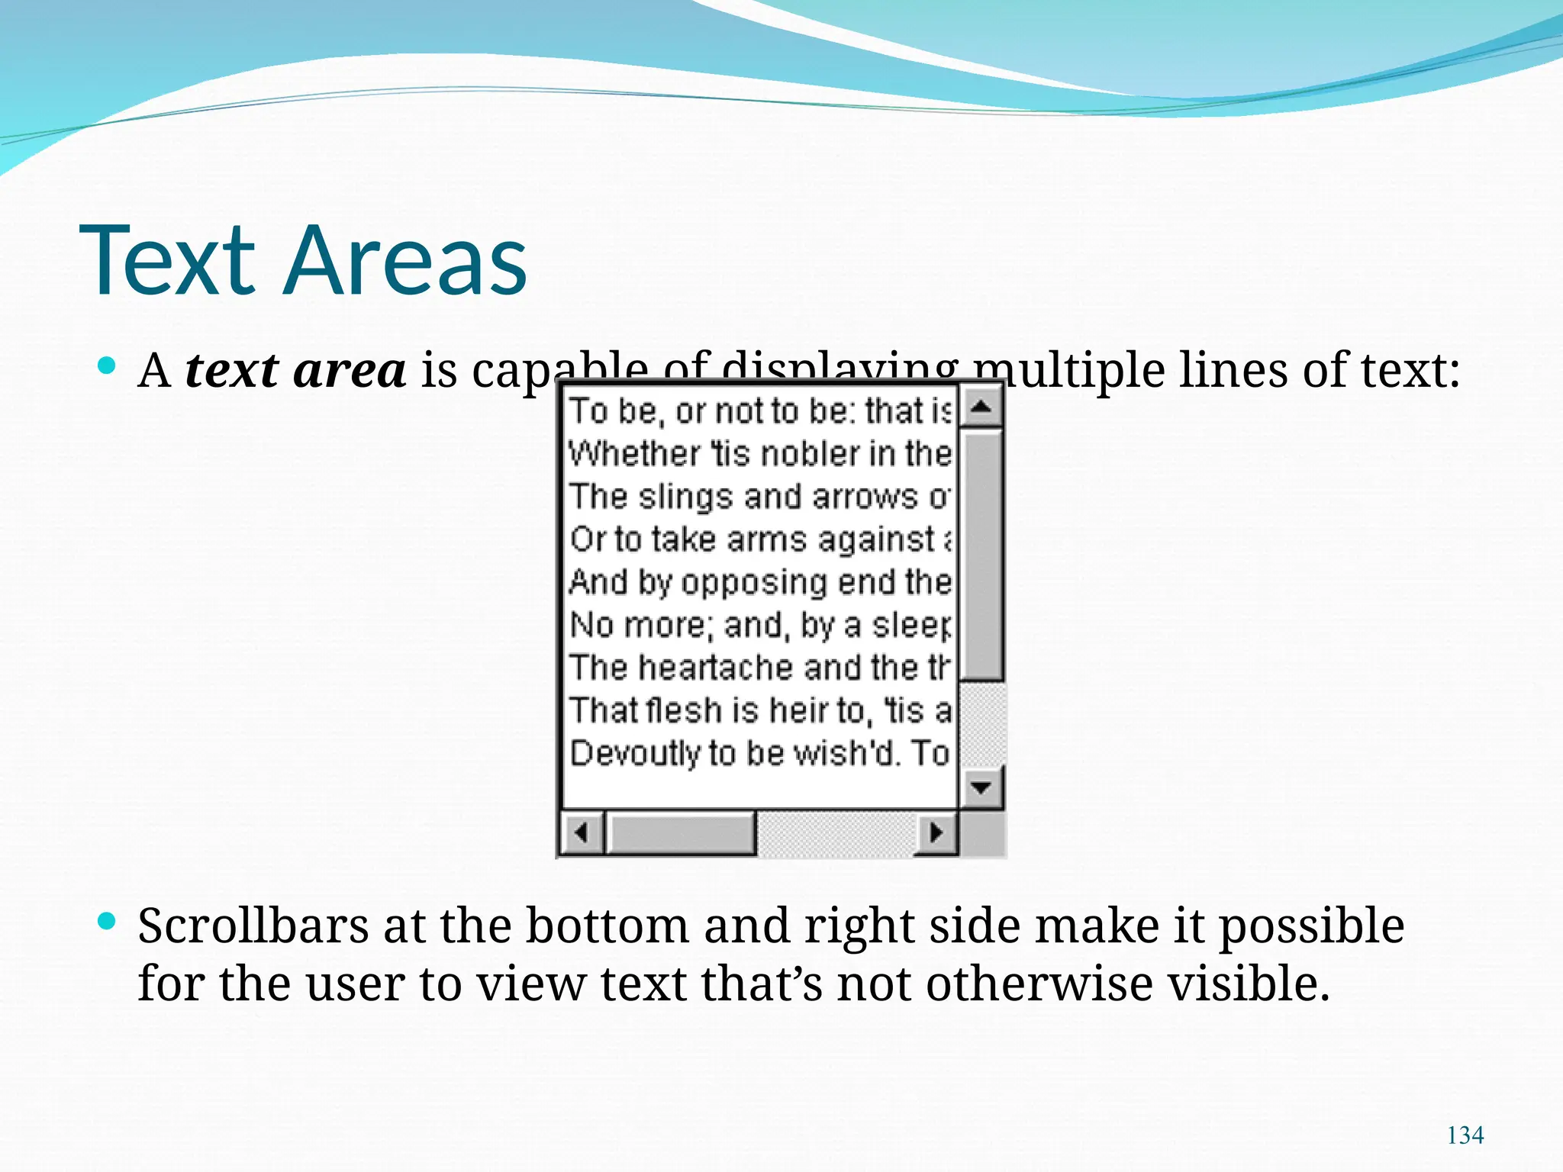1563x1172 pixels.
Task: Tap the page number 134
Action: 1465,1135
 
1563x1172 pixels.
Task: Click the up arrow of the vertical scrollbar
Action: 981,407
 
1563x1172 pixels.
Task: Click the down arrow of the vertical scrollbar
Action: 981,786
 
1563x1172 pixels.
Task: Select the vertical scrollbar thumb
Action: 981,555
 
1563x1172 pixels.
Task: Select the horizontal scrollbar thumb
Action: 681,832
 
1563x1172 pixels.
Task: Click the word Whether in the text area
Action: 634,454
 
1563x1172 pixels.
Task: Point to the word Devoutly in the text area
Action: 634,753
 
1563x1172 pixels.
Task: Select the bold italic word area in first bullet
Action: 350,372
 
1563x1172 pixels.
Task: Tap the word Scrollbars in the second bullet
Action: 253,926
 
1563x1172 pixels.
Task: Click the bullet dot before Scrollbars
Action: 107,922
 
